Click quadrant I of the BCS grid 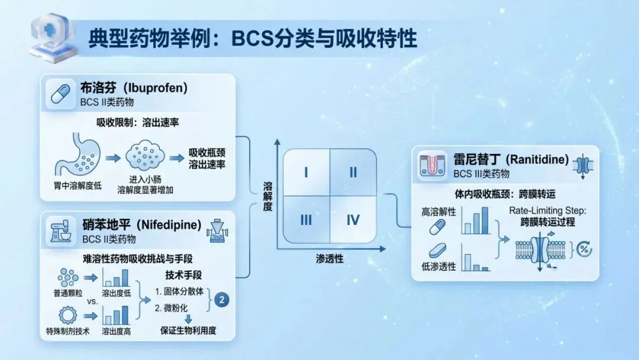[x=306, y=172]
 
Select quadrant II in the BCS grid [x=353, y=172]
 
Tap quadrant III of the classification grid [x=306, y=219]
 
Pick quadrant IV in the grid [x=353, y=219]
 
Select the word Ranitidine [x=537, y=159]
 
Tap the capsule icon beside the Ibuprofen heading [x=60, y=94]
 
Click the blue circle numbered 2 [x=222, y=300]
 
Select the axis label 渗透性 [x=330, y=259]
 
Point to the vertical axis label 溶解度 [x=268, y=197]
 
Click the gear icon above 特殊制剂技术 [x=67, y=315]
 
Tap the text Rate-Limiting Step [x=547, y=211]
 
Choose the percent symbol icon [x=584, y=249]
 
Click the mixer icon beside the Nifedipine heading [x=60, y=231]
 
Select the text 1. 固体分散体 [x=179, y=291]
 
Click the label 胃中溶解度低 [x=78, y=186]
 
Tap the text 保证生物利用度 [x=188, y=330]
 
